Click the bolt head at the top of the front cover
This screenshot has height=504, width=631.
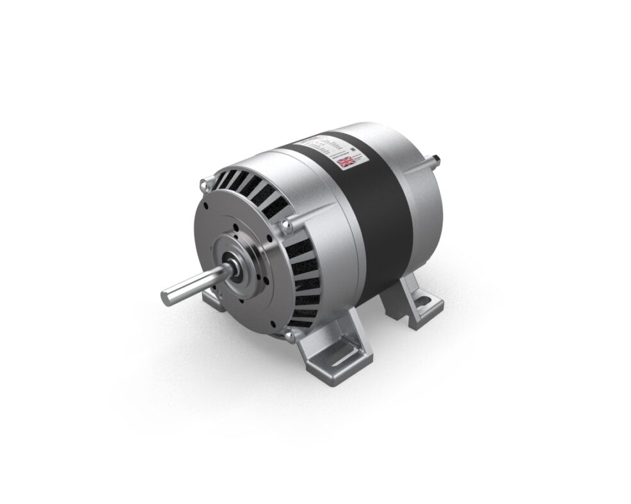click(204, 185)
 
